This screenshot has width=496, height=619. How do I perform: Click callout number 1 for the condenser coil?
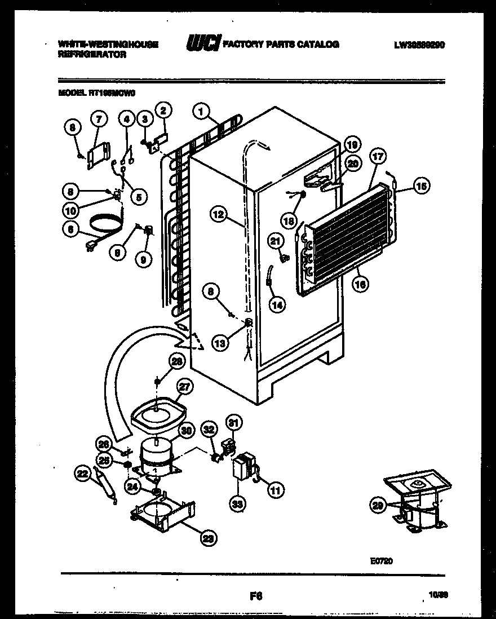[x=200, y=112]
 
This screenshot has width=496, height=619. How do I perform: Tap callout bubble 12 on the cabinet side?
[x=219, y=214]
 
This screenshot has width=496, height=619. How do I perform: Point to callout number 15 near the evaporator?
[x=421, y=185]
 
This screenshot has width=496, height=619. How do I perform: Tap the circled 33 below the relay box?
[x=237, y=504]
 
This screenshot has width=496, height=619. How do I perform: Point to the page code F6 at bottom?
[x=255, y=595]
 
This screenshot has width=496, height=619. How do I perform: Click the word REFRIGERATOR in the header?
[x=92, y=55]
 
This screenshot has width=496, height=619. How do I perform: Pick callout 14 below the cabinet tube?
[x=277, y=304]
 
